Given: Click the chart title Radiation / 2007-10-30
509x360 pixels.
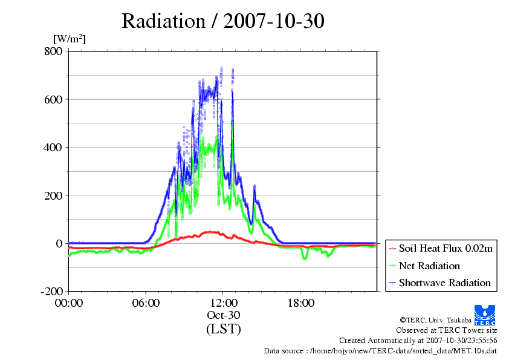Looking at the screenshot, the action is pos(222,21).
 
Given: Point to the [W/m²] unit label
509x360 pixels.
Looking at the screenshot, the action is pos(70,39).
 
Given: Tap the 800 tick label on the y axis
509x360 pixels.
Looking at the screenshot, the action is pos(54,51).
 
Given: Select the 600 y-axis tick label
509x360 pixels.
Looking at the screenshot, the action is pos(54,99).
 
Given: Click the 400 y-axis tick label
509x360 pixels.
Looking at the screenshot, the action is pos(53,148).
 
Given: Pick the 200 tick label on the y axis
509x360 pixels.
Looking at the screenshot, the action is pos(54,195).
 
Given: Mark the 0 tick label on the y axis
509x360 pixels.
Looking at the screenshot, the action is pos(59,244).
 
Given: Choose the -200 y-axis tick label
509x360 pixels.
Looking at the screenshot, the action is pos(52,291).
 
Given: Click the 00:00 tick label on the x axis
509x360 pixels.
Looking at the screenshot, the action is pos(69,303).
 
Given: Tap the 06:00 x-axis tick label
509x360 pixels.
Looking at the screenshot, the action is pos(146,303).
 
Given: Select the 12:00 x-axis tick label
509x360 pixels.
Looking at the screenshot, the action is pos(223,303).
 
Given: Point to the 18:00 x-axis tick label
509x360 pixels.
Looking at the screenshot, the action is pos(300,303).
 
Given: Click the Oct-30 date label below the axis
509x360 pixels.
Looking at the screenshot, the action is pos(223,315).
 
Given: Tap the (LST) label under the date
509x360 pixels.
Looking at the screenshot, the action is pos(223,329).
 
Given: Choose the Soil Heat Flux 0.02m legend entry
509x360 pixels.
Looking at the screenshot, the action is pos(446,249).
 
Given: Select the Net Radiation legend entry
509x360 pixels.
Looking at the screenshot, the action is pos(429,266).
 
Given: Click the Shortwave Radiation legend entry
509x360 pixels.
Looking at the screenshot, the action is pos(445,283).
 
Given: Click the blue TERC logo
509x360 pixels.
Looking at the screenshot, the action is pos(485,315).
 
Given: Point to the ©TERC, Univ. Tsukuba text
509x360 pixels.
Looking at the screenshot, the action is pos(436,320).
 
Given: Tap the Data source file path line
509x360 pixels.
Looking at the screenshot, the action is pos(380,351).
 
